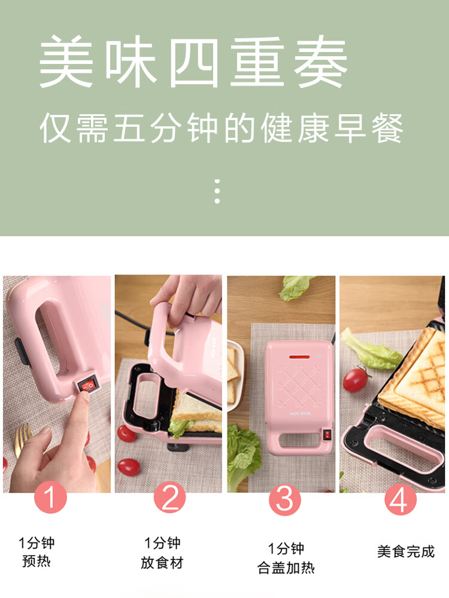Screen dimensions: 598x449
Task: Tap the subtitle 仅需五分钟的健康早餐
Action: tap(222, 129)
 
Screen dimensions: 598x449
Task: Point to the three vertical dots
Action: tap(217, 191)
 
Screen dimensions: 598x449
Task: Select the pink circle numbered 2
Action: tap(169, 498)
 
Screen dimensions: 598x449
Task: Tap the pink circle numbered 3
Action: tap(284, 499)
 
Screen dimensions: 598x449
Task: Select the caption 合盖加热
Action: tap(286, 568)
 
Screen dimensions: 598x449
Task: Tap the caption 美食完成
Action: tap(405, 551)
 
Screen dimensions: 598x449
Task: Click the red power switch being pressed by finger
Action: tap(87, 386)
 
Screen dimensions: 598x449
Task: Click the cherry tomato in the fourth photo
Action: tap(356, 379)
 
